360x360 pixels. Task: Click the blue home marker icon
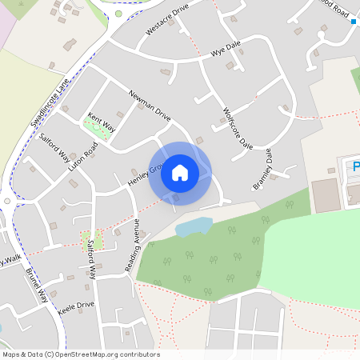click(x=180, y=172)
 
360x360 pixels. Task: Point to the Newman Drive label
click(x=149, y=104)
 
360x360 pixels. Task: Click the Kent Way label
click(x=102, y=121)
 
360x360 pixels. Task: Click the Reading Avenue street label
click(x=132, y=243)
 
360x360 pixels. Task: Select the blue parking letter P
click(x=354, y=167)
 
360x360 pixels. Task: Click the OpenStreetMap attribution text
click(x=80, y=354)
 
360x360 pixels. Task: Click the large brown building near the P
click(x=324, y=195)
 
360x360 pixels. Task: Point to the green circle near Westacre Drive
click(x=118, y=13)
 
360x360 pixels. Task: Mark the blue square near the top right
click(x=353, y=22)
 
